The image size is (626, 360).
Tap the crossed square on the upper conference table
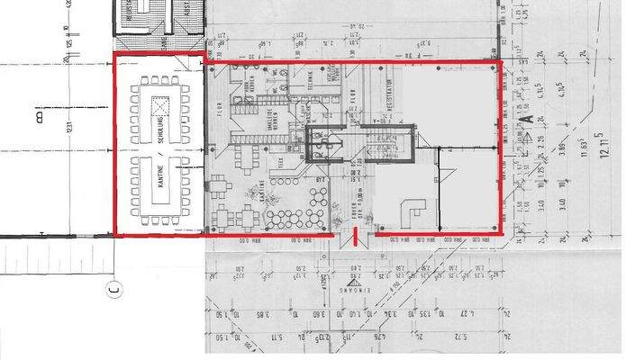159,101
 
